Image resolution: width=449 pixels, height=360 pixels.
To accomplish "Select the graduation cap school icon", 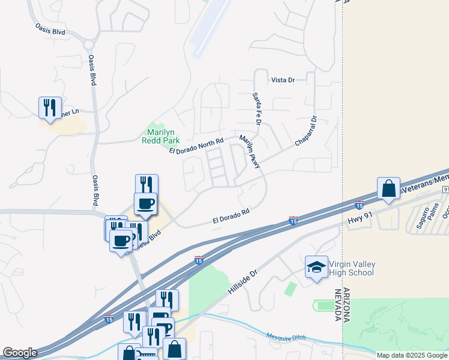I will pos(316,268).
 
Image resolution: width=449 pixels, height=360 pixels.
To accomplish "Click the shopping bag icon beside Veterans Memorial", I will pos(389,188).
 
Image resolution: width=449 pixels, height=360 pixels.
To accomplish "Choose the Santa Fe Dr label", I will pos(257,109).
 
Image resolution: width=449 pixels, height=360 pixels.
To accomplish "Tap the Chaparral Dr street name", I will pos(305,131).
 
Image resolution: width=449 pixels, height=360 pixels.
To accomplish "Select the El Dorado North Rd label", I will pos(196,145).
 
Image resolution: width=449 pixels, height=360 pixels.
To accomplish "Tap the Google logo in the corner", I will pos(20,353).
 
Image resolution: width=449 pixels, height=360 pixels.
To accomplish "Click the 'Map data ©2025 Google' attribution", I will pos(412,355).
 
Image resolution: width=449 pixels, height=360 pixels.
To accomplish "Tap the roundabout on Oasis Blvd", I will pos(90,44).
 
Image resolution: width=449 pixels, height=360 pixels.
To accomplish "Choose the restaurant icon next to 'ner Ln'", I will pos(49,108).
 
